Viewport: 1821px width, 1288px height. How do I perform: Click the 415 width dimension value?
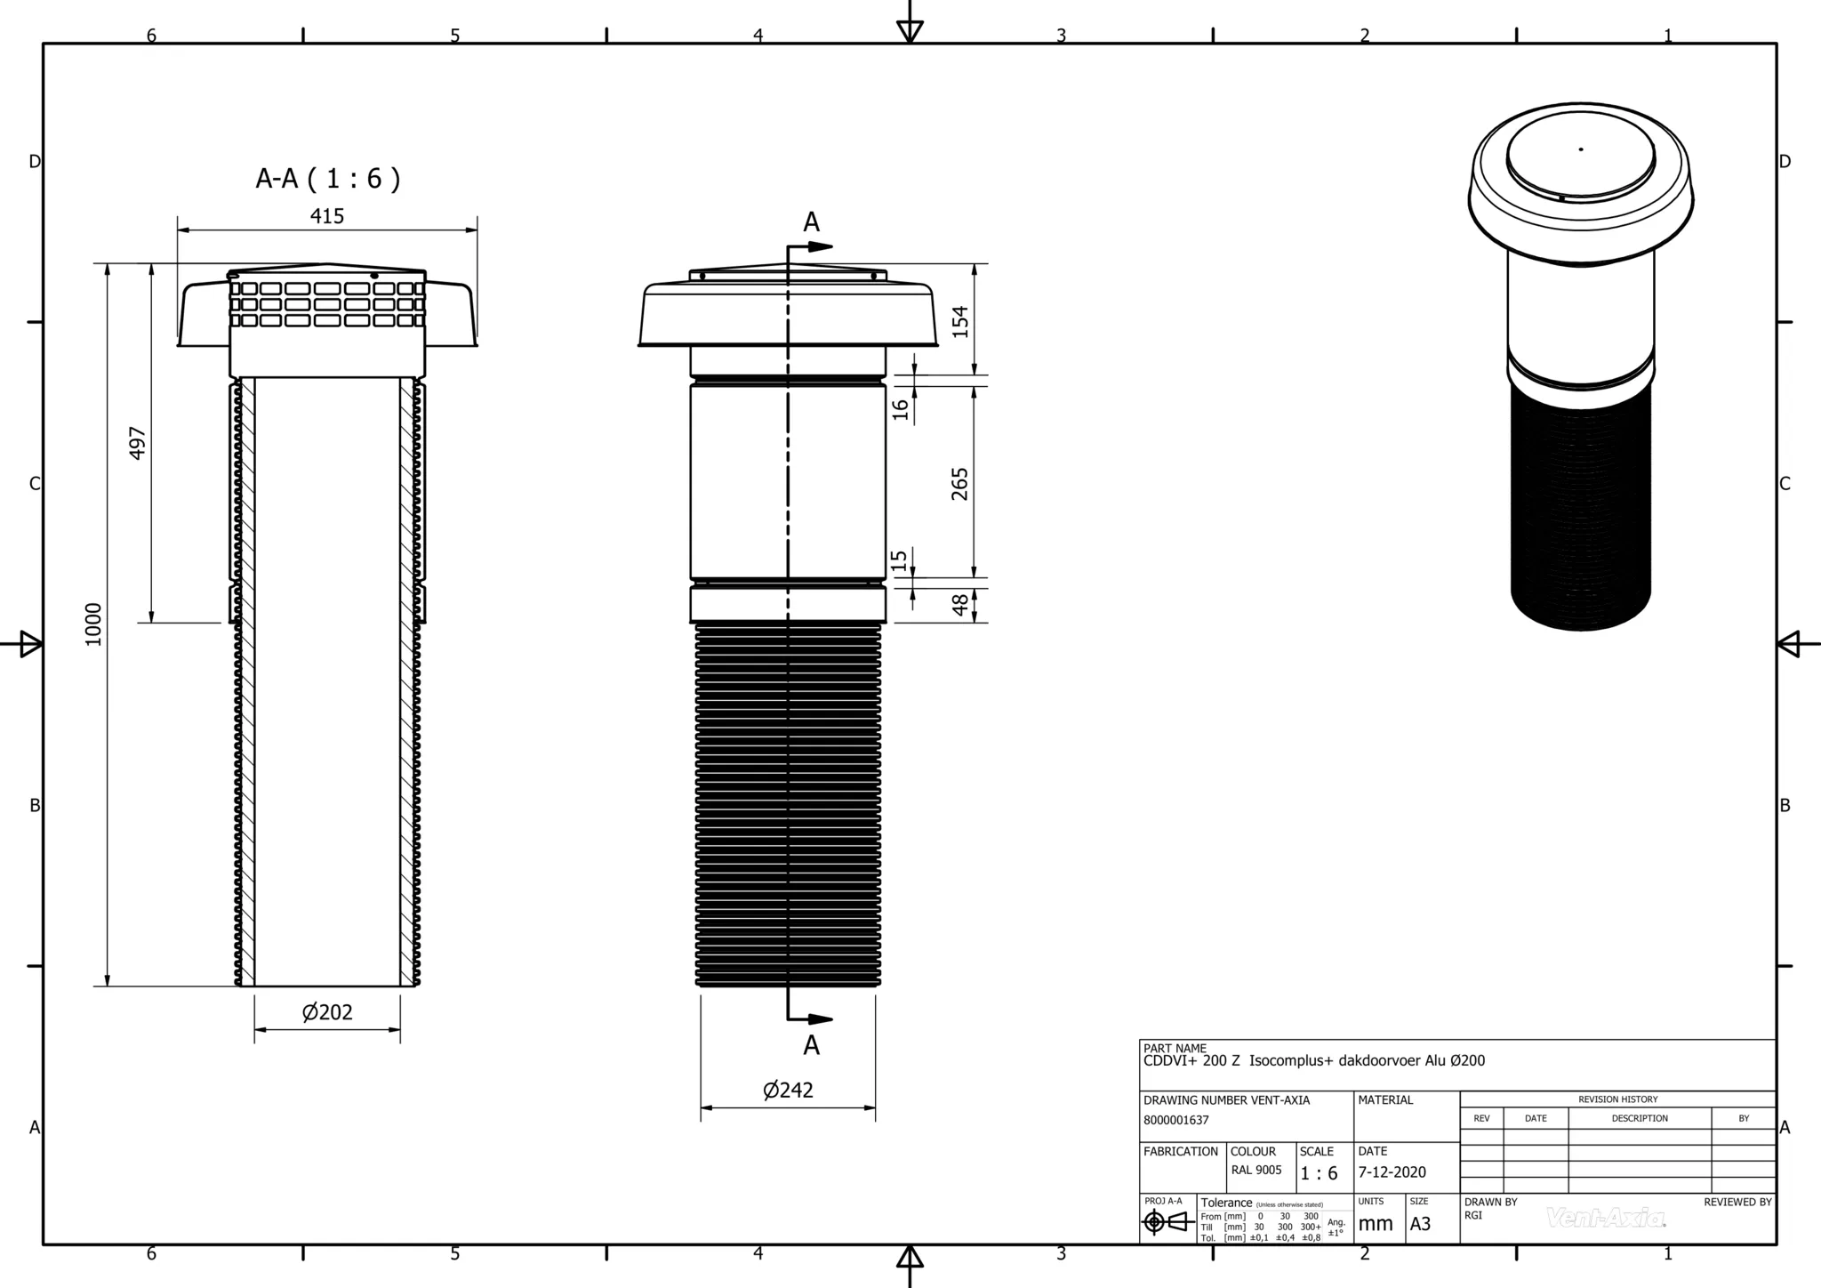point(326,216)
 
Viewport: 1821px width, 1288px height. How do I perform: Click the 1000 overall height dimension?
point(94,624)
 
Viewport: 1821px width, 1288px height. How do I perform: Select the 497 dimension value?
point(138,443)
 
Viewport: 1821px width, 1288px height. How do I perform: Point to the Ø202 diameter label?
point(327,1012)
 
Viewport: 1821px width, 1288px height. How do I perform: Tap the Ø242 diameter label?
point(788,1091)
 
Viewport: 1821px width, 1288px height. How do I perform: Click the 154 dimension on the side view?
point(960,321)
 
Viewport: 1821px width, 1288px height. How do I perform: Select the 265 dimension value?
point(960,484)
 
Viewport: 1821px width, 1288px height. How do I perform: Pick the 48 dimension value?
point(960,604)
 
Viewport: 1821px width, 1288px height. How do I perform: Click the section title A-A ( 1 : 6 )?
point(327,179)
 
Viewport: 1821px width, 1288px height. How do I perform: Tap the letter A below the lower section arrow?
point(811,1046)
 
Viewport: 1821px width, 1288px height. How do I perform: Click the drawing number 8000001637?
point(1176,1121)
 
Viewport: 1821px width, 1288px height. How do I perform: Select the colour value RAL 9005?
point(1256,1171)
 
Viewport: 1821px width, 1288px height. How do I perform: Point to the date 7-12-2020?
point(1392,1172)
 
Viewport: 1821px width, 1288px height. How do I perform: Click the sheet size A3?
point(1420,1224)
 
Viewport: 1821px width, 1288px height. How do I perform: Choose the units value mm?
point(1376,1224)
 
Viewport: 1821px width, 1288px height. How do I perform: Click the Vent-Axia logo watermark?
point(1606,1218)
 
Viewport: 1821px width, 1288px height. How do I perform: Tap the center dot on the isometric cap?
point(1580,149)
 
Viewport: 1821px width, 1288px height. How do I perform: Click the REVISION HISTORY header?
point(1617,1099)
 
